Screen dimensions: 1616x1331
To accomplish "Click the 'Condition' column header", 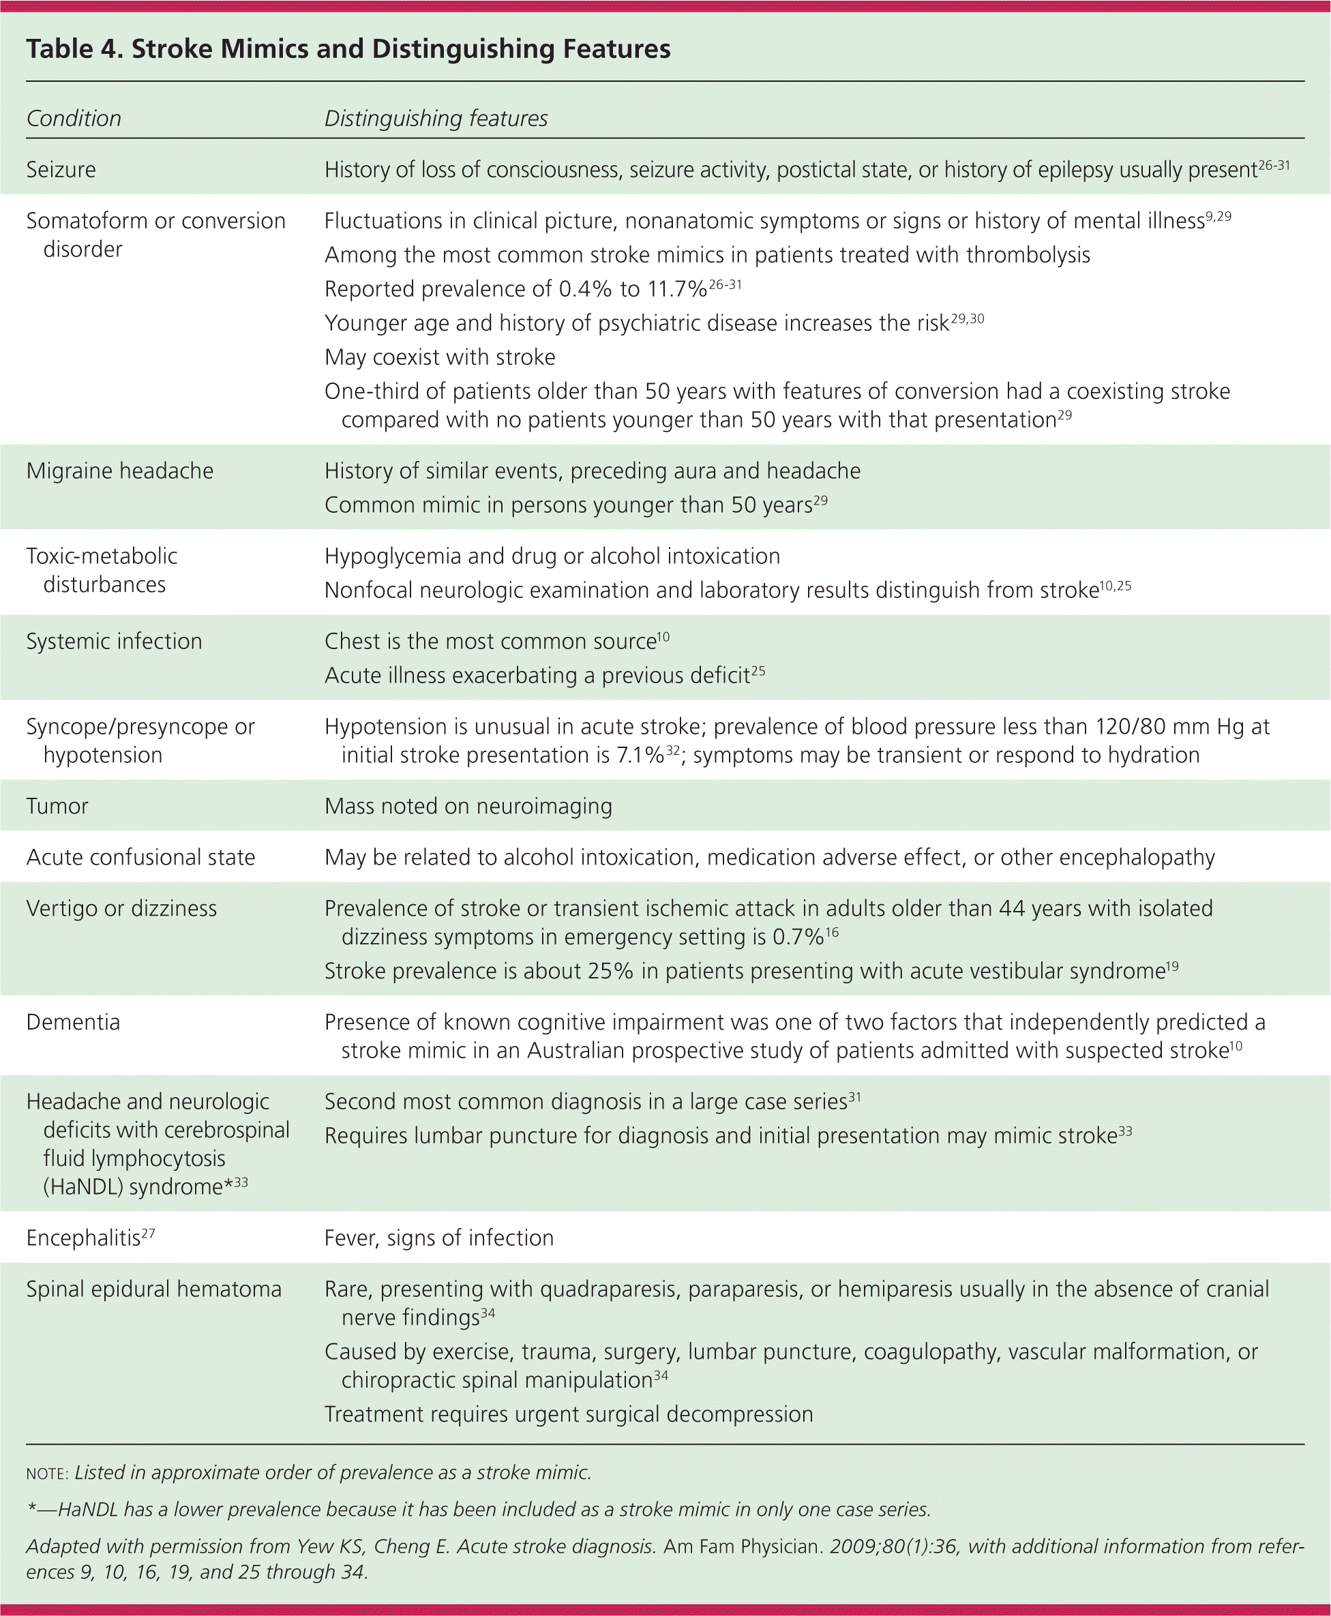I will point(74,119).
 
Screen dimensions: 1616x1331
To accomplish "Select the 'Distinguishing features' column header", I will point(436,119).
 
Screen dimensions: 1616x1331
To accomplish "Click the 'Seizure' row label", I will point(61,169).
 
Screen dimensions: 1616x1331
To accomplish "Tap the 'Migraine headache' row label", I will point(119,470).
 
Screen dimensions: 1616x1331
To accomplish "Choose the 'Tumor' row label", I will point(57,807).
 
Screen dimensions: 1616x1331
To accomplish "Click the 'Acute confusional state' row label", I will point(140,857).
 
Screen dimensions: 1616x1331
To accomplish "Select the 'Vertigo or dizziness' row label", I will point(121,908).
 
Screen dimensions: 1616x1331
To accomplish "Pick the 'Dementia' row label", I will point(73,1023).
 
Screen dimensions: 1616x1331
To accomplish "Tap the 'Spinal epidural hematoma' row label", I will point(153,1289).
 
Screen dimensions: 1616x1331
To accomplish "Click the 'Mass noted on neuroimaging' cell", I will point(468,807).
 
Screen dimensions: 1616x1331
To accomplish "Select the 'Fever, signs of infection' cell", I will point(438,1238).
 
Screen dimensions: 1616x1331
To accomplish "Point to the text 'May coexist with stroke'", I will point(439,357).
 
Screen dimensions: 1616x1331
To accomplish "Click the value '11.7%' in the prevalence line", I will point(674,290).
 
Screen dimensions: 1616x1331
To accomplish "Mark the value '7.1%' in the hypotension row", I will point(640,756).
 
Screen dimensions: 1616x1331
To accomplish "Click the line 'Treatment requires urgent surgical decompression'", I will point(568,1414).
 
